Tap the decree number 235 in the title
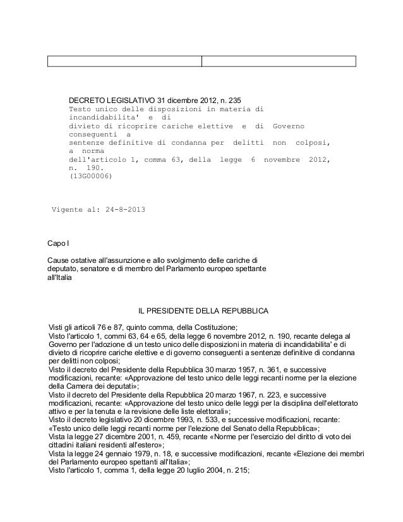233,100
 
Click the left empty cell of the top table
124,61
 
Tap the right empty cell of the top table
279,61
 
